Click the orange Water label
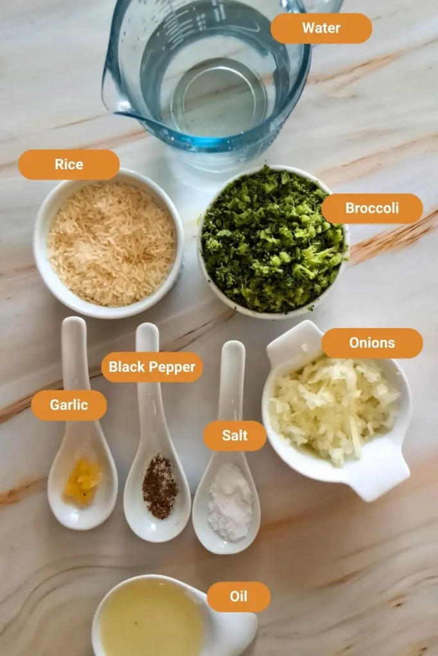pyautogui.click(x=321, y=28)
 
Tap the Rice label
pyautogui.click(x=69, y=165)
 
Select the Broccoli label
pyautogui.click(x=372, y=208)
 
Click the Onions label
pyautogui.click(x=372, y=343)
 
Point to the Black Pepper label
pyautogui.click(x=152, y=367)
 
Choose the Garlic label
pyautogui.click(x=69, y=406)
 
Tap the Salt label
pyautogui.click(x=235, y=436)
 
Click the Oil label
pyautogui.click(x=239, y=597)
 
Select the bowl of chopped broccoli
pyautogui.click(x=273, y=240)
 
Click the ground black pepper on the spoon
pyautogui.click(x=160, y=486)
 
